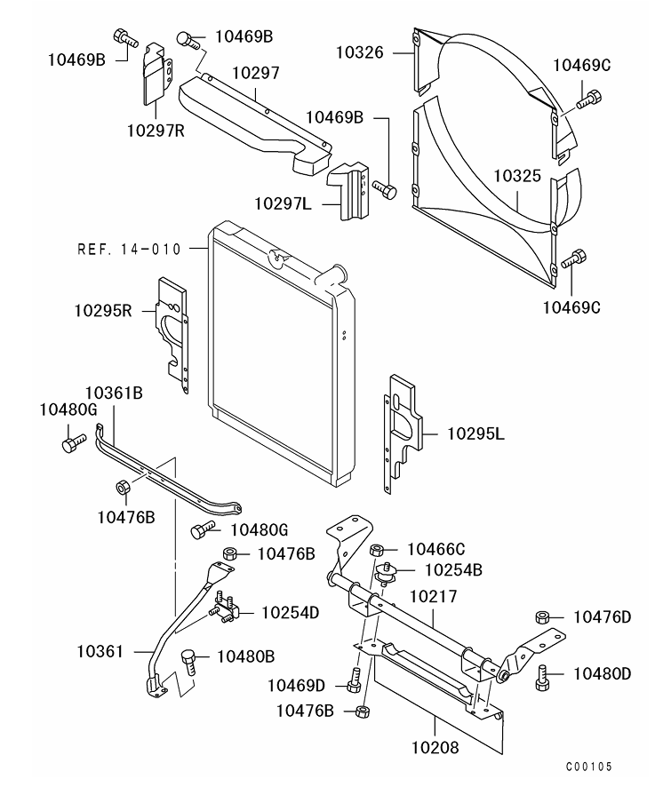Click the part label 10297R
coord(156,131)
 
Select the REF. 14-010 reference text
coord(130,250)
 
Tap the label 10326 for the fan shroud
coord(360,52)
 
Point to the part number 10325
coord(517,176)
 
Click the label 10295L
coord(475,433)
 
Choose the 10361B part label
coord(114,393)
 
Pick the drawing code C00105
coord(589,767)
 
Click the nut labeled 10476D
coord(543,617)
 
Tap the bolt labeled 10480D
coord(543,677)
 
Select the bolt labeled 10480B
coord(188,663)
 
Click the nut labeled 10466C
coord(377,551)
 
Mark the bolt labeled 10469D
coord(354,680)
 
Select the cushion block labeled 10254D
coord(225,607)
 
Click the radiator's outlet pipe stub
coord(331,274)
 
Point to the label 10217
coord(434,597)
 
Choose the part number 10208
coord(435,748)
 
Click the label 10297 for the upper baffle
coord(256,73)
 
